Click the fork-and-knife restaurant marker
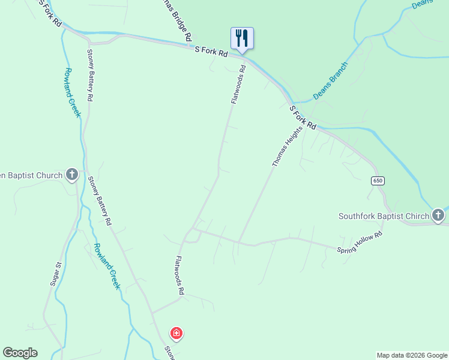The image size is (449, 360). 242,38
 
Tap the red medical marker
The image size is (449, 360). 176,333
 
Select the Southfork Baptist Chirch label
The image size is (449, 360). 384,216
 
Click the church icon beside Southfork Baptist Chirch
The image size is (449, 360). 438,215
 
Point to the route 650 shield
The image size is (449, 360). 377,181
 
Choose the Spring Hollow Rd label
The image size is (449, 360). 360,242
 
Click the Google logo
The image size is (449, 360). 20,353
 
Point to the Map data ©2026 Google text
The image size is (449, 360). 412,355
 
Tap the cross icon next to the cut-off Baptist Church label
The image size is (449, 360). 72,175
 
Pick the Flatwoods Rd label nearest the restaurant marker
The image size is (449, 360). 239,85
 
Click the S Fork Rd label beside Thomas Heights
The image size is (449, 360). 303,118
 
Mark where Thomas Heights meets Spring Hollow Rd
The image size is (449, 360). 239,242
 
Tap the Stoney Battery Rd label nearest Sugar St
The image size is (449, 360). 100,200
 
